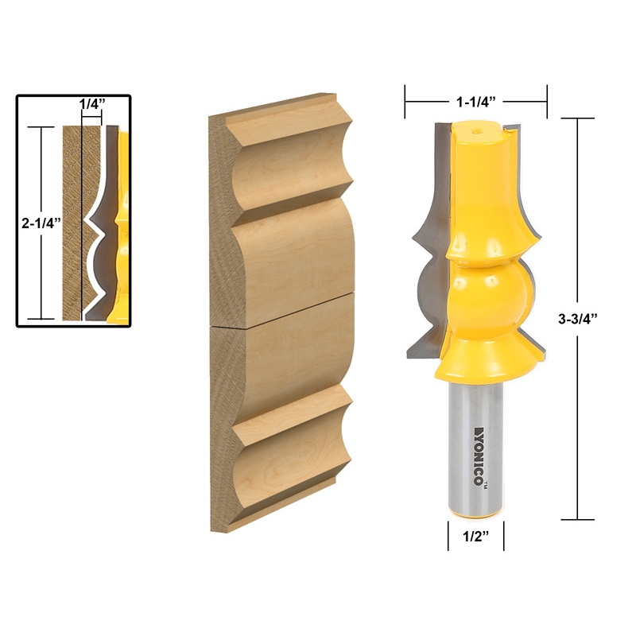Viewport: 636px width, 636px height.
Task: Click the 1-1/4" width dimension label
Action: pos(476,102)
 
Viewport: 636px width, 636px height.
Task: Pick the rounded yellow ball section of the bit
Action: pos(487,294)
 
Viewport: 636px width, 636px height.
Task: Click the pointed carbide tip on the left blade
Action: pos(412,238)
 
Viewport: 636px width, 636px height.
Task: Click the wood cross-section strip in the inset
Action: pos(72,223)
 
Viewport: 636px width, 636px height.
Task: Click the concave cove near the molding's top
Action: pos(294,151)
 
